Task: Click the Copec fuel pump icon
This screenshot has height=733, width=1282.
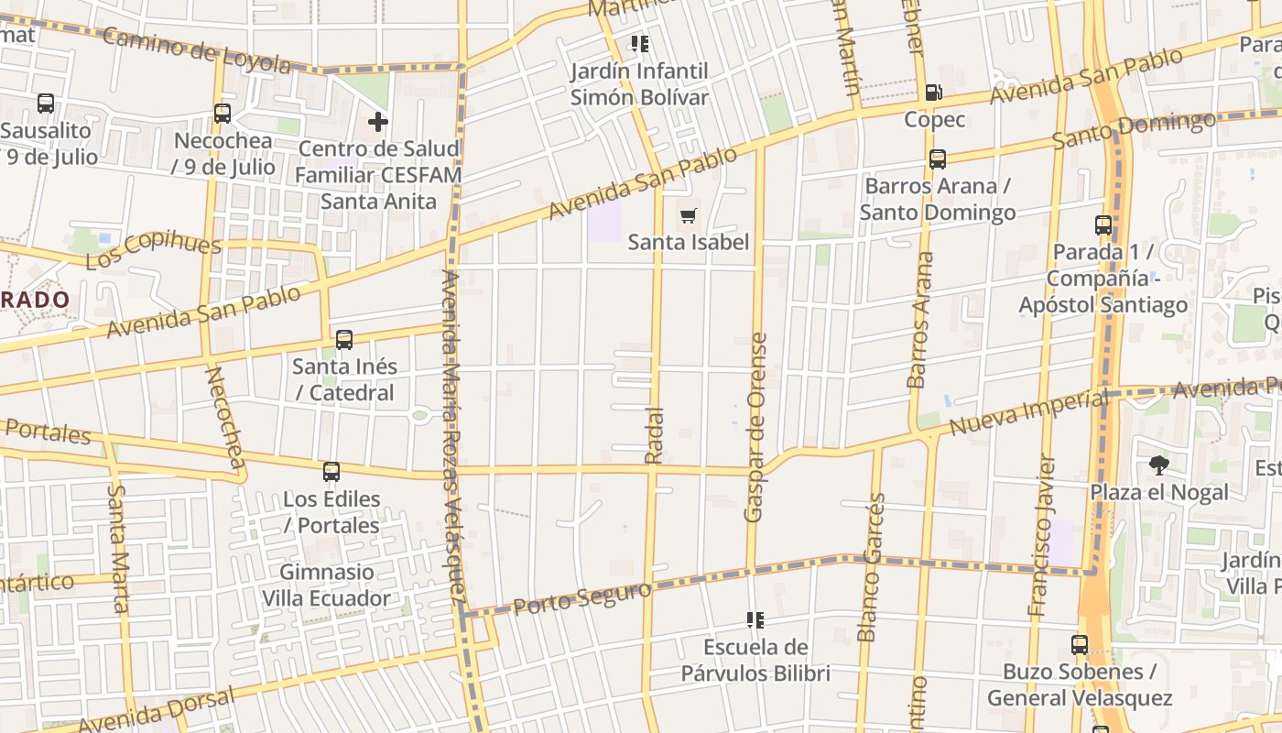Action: point(933,92)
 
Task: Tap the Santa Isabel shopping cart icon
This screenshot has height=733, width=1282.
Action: point(688,215)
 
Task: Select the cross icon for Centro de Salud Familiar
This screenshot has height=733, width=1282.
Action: point(378,121)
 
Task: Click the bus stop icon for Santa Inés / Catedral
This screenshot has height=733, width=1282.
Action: point(344,340)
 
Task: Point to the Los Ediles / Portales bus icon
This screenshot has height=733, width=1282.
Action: point(331,472)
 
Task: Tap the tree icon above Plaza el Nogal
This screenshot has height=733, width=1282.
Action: point(1158,465)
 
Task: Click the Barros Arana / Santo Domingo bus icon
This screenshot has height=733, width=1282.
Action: point(938,159)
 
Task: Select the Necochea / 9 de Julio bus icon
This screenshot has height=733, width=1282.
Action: point(223,114)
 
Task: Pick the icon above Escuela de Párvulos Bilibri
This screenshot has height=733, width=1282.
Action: point(755,621)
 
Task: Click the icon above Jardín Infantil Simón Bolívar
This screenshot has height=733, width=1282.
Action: point(639,44)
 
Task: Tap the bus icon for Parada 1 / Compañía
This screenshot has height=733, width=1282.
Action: point(1103,225)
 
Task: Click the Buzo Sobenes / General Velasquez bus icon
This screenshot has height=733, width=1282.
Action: point(1080,645)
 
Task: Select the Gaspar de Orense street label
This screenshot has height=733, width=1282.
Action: point(755,428)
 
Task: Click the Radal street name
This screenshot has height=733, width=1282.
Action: point(654,434)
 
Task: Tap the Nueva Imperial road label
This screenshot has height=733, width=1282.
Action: point(1027,414)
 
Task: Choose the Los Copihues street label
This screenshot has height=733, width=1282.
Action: point(154,250)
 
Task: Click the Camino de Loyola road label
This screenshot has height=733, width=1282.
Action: point(198,50)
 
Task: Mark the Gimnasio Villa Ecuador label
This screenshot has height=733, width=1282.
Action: point(327,585)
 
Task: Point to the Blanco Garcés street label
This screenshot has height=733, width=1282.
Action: point(872,567)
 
